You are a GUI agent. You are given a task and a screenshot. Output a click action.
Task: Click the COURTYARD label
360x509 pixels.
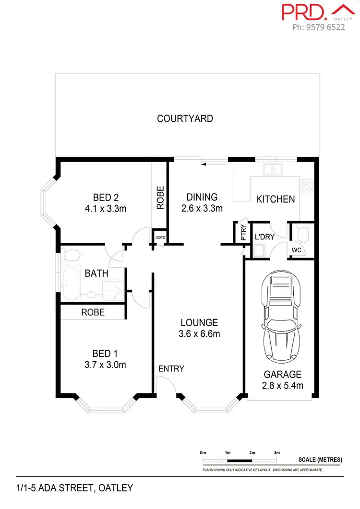[x=185, y=118]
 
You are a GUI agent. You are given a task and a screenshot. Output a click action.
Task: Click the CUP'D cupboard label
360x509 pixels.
[x=159, y=237]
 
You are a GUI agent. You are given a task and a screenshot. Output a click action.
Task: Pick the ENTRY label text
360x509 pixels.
[x=171, y=368]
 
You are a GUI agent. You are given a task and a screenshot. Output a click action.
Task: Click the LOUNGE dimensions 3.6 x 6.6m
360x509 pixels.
[x=199, y=334]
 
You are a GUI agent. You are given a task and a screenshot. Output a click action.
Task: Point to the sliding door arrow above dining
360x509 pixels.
[x=207, y=165]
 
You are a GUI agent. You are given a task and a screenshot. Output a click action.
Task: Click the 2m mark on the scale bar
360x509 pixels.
[x=252, y=453]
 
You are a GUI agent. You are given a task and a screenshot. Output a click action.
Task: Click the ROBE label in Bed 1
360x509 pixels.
[x=93, y=312]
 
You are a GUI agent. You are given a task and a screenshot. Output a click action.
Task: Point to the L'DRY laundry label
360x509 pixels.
[x=264, y=237]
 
